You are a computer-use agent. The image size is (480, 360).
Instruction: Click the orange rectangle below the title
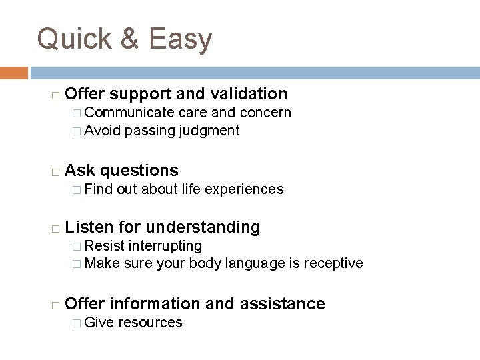(x=14, y=73)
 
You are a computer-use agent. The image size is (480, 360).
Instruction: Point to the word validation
(x=247, y=94)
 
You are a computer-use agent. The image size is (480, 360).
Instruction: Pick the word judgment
(x=209, y=131)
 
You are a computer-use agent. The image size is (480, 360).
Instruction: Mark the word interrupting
(x=167, y=246)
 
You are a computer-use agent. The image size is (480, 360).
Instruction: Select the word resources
(x=151, y=323)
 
